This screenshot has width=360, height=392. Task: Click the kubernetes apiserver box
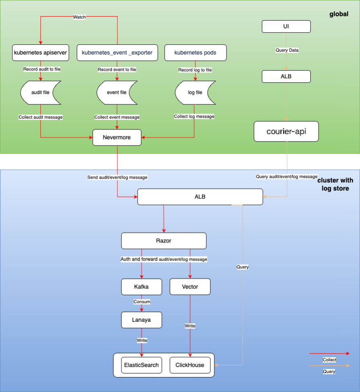pos(40,53)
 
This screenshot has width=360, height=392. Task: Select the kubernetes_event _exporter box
pos(117,53)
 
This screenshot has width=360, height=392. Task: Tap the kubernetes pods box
pos(195,53)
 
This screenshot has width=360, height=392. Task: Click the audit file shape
pos(40,92)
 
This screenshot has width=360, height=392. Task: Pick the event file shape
pos(117,92)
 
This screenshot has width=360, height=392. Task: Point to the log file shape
pos(195,92)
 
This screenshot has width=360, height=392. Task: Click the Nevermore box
pos(117,137)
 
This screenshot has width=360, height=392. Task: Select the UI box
pos(286,27)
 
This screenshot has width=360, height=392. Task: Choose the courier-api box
pos(286,131)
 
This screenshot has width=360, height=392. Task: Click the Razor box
pos(164,241)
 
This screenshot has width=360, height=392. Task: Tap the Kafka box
pos(142,287)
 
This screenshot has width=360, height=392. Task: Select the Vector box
pos(190,287)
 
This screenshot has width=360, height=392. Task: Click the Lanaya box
pos(142,320)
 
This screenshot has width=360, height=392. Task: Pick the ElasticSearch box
pos(142,365)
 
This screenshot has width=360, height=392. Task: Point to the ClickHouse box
pos(190,365)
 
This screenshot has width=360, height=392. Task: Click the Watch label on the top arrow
pos(79,17)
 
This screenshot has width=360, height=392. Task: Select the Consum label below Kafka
pos(142,301)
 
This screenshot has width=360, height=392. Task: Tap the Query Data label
pos(286,50)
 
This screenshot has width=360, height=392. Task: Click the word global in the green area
pos(339,15)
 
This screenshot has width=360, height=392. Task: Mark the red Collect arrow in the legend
pos(329,353)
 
